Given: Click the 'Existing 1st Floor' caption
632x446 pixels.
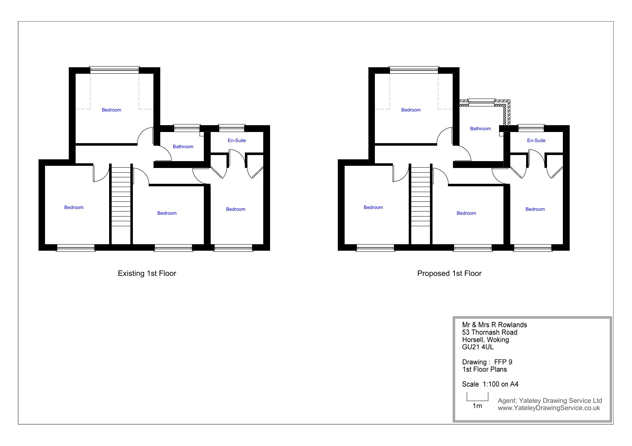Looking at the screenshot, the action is click(x=147, y=273).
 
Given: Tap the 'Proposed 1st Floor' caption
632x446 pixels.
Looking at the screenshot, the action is click(x=449, y=273).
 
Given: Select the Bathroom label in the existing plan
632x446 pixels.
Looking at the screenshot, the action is click(x=183, y=146).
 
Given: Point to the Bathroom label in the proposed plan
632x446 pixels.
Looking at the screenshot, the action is click(x=480, y=128).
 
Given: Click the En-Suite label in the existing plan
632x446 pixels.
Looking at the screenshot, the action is click(x=237, y=140).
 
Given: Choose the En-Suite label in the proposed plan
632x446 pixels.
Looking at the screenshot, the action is click(x=536, y=140).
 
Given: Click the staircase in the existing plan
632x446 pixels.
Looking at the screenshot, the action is click(x=121, y=204).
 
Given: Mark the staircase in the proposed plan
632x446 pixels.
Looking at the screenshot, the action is click(x=421, y=204).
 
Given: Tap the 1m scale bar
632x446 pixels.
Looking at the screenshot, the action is click(x=478, y=397).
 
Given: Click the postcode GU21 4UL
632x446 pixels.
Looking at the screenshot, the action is click(x=478, y=347).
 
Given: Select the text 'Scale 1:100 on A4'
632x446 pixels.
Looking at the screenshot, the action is click(x=490, y=384).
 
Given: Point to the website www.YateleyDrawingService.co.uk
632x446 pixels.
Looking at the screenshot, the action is click(x=549, y=408).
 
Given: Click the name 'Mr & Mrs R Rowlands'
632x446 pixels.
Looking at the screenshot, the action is click(x=494, y=325).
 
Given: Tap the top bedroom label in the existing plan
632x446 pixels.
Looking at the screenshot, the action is click(x=111, y=110).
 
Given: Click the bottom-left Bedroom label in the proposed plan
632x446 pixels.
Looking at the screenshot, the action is click(x=373, y=207).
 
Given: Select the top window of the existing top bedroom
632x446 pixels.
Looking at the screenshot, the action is click(x=115, y=70).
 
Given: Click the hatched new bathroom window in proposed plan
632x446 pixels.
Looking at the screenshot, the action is click(x=481, y=102).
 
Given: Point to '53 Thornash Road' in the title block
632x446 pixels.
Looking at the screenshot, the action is click(x=489, y=332).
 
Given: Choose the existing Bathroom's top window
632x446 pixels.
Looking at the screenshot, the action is click(x=187, y=128).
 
